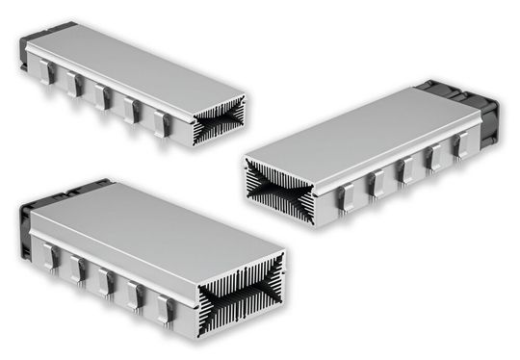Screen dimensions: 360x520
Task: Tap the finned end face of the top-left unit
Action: pyautogui.click(x=218, y=123)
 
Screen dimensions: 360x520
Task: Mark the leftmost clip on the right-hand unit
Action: pyautogui.click(x=348, y=197)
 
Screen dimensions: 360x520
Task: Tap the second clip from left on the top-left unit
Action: pyautogui.click(x=75, y=87)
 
